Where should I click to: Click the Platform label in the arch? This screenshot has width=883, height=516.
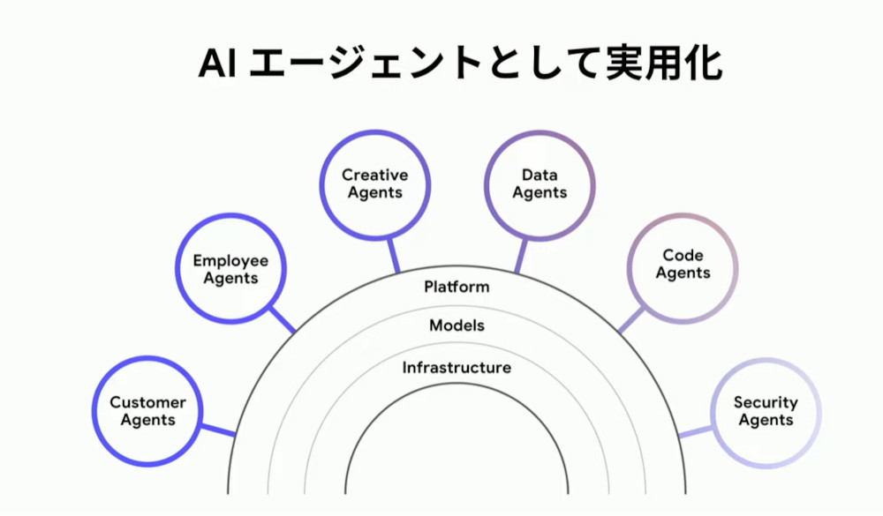457,287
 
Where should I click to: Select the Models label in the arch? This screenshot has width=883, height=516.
457,325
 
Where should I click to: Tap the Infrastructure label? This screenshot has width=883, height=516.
457,368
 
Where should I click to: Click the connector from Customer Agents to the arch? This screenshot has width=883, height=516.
218,430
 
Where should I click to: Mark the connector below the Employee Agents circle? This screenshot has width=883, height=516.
283,319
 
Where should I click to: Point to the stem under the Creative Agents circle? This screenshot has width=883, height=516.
394,256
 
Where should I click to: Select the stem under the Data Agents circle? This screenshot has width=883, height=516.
522,256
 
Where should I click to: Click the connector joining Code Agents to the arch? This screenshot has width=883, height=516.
631,319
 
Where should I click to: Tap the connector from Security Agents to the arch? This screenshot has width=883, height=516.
696,431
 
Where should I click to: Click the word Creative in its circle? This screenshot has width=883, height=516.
375,175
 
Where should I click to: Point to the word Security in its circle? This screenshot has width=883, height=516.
766,403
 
